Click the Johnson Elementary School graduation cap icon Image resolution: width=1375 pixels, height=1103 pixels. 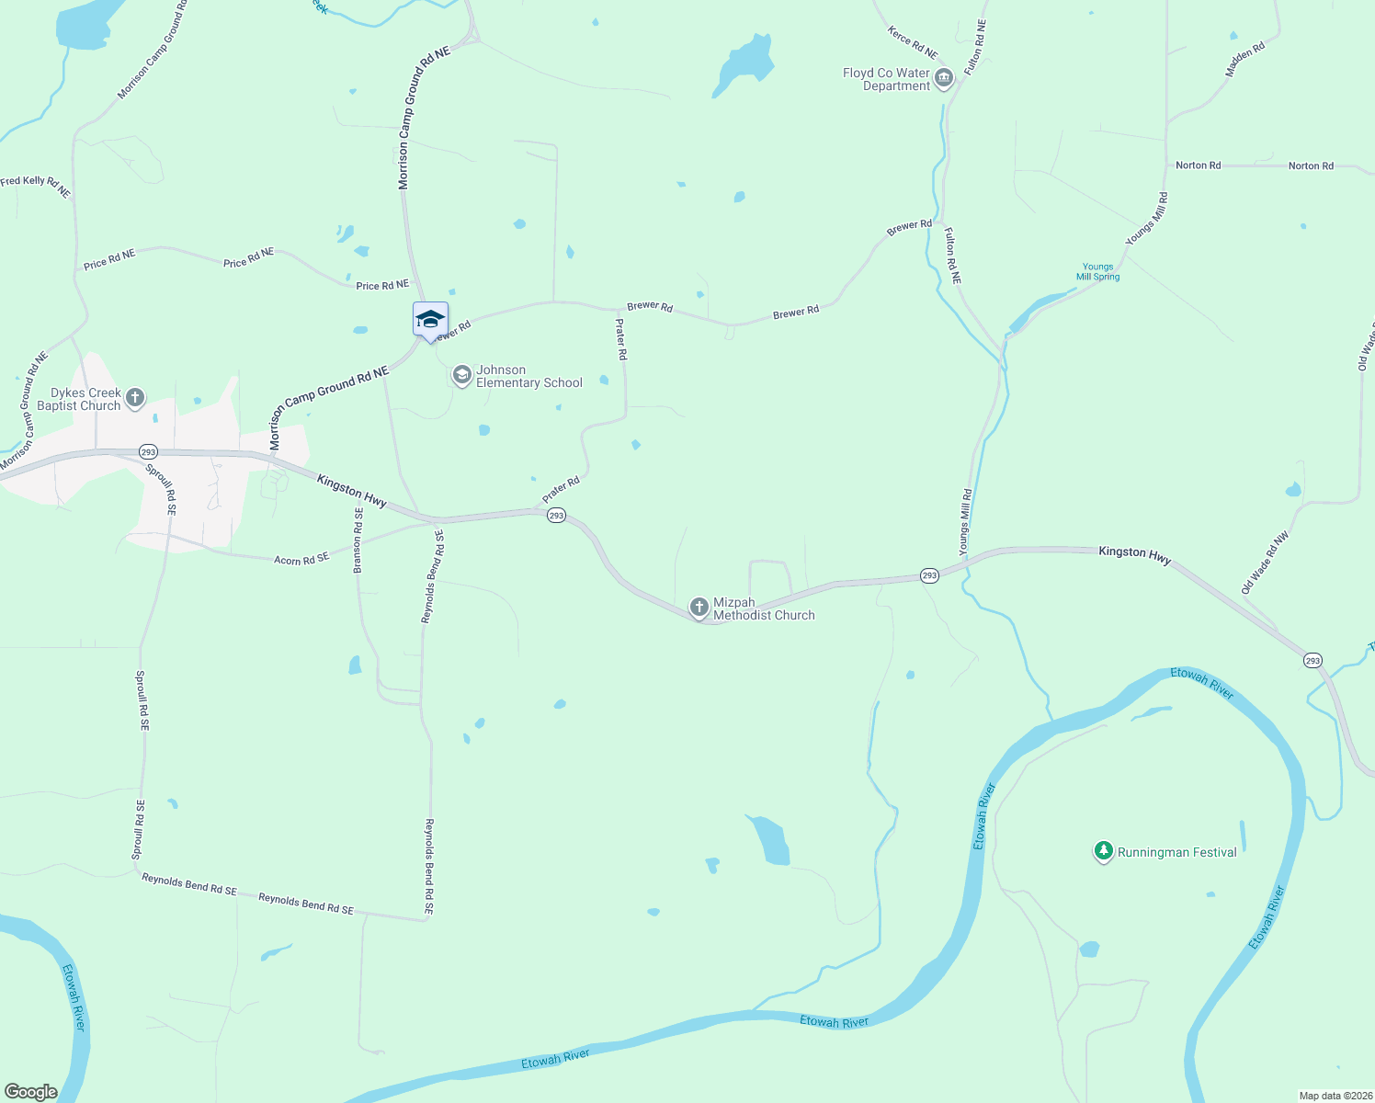[461, 375]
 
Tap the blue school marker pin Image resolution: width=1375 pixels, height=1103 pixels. [430, 321]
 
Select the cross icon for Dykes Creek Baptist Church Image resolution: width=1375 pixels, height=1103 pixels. [135, 398]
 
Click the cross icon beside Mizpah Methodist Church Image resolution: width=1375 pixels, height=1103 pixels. [699, 608]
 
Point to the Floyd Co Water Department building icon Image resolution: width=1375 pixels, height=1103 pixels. [943, 80]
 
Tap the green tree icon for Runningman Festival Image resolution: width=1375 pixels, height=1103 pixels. [1104, 851]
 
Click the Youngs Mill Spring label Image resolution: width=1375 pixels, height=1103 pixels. [1097, 271]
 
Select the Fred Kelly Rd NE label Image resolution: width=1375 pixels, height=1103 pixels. [35, 187]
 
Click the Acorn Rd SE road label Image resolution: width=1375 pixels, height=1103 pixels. [301, 559]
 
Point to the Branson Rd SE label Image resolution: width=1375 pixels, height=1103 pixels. [358, 540]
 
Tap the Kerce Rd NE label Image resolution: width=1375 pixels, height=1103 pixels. [912, 42]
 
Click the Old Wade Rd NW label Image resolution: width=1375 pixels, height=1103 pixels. [1266, 562]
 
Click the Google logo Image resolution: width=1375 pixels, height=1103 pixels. [30, 1092]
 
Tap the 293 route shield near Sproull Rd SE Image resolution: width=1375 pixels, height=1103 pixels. [148, 452]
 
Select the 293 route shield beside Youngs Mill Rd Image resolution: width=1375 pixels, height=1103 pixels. [929, 575]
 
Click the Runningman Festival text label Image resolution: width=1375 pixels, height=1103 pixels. [1176, 852]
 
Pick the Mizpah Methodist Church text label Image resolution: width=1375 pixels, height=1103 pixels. [764, 608]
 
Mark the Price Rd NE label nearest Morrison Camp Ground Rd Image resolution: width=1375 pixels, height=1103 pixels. [382, 286]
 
